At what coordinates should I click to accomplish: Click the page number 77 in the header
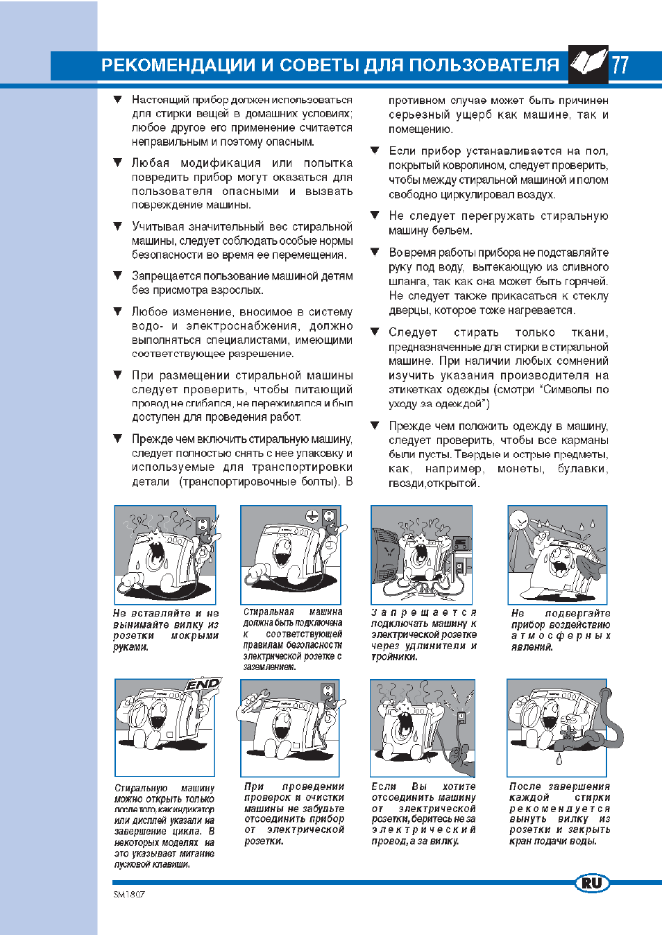pos(620,65)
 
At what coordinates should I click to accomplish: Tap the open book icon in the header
pos(588,64)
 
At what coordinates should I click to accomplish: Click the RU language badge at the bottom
pos(592,883)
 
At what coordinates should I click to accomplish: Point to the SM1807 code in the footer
pos(129,895)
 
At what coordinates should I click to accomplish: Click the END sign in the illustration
pos(203,685)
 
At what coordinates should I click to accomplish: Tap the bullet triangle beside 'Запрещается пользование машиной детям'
pos(118,275)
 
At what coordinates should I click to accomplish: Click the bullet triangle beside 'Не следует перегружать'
pos(375,215)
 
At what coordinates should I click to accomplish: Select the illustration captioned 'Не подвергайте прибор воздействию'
pos(558,555)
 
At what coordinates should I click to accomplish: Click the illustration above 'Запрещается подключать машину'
pos(422,555)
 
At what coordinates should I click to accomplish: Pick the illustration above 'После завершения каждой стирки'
pos(558,728)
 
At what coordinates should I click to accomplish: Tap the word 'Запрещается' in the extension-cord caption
pos(423,612)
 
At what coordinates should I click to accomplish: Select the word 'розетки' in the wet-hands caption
pos(134,635)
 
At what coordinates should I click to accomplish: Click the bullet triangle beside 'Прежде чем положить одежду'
pos(375,425)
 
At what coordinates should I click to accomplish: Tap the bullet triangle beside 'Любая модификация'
pos(118,162)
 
